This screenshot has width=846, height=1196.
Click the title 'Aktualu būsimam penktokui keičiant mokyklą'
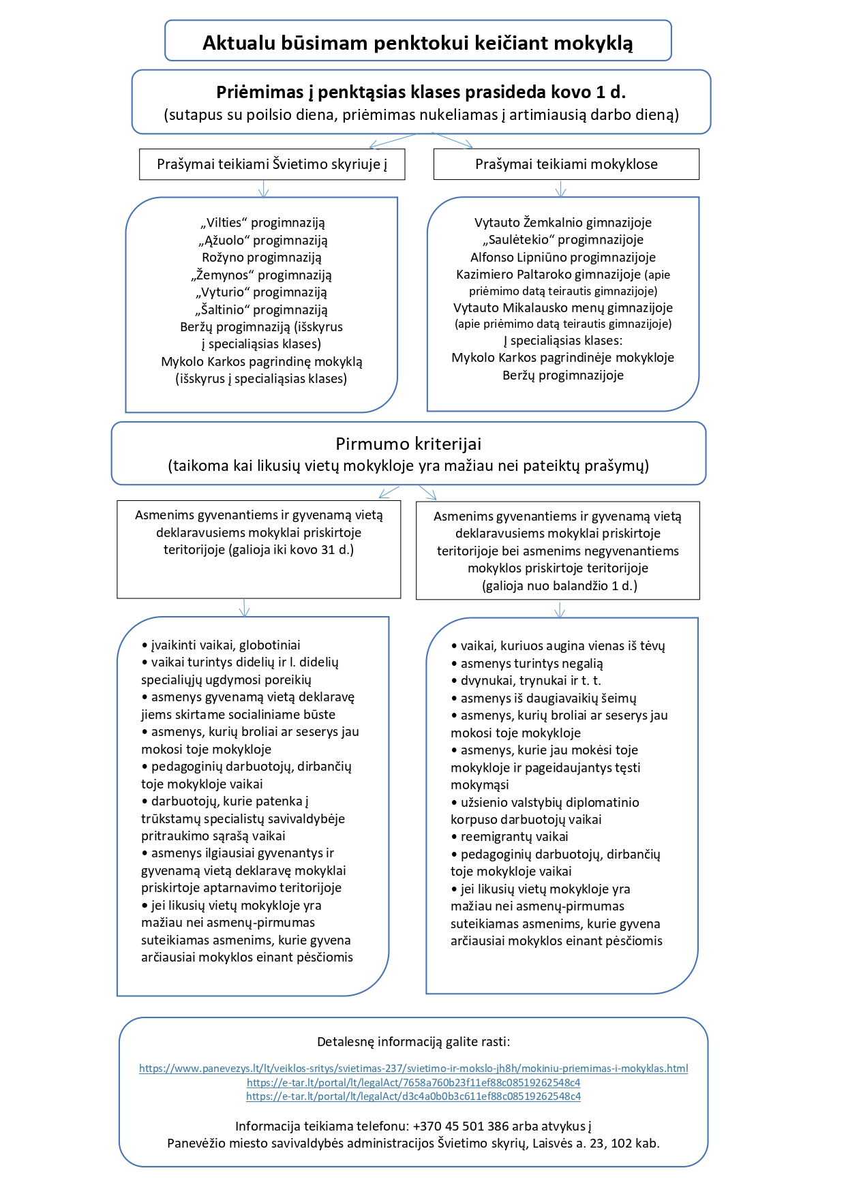418,42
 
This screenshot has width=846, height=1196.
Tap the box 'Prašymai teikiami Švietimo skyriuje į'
272,164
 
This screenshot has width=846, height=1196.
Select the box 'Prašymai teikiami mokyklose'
566,164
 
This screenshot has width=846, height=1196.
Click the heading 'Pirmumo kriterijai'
408,444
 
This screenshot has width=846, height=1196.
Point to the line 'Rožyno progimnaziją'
262,258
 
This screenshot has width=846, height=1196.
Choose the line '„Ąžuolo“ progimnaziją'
262,240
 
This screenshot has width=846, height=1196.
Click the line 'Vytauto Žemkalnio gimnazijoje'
563,222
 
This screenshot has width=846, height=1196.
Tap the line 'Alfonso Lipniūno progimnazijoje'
563,257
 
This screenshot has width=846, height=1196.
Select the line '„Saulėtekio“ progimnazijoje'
563,239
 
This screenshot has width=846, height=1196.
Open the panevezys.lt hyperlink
414,1069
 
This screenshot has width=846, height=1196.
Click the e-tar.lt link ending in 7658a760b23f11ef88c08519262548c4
414,1082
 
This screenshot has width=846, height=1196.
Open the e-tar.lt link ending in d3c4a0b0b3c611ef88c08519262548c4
414,1097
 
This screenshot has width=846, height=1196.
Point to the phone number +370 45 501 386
461,1126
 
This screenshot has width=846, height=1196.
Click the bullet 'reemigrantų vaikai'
509,837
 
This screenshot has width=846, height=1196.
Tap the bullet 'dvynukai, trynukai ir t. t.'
526,680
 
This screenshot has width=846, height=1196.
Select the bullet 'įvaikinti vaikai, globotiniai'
221,645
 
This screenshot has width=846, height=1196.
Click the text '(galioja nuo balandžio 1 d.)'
560,585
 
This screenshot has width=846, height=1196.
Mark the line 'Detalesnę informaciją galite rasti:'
414,1041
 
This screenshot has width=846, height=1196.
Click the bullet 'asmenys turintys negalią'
527,663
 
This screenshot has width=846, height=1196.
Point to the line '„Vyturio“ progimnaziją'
262,292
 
